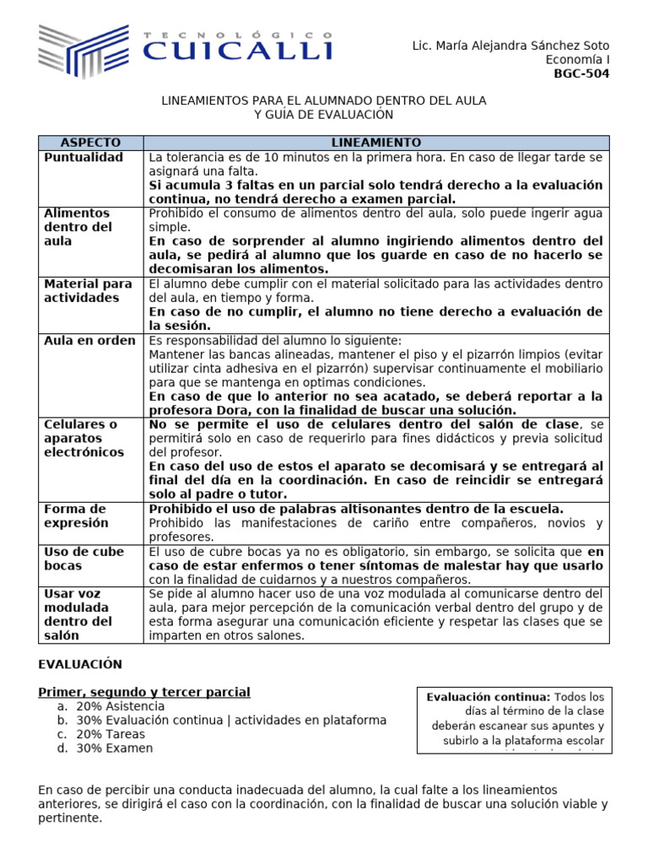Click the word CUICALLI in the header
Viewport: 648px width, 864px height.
click(237, 52)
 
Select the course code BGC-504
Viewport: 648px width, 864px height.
click(581, 73)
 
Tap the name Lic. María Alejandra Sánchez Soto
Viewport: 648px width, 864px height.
click(510, 46)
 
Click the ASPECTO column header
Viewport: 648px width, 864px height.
click(91, 143)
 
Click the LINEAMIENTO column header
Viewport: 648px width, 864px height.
click(375, 143)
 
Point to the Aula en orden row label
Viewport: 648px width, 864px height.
click(89, 341)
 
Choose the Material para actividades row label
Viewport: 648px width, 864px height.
click(88, 290)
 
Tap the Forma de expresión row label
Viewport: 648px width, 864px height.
click(76, 516)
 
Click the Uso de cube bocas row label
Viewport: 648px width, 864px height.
click(83, 558)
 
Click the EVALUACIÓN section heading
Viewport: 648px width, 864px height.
click(80, 664)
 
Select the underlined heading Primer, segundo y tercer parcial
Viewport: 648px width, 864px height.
click(144, 692)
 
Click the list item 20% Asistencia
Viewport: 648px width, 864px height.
click(120, 706)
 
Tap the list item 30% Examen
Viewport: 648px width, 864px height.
click(115, 748)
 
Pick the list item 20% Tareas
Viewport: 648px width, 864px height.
click(111, 734)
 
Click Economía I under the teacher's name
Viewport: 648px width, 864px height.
click(577, 59)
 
